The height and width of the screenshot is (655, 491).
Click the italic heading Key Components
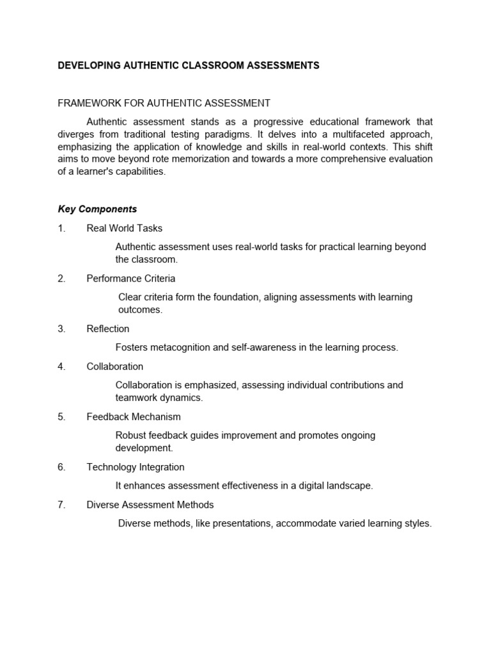(97, 209)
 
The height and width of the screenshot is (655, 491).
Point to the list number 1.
(61, 228)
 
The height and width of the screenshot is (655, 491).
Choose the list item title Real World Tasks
(125, 228)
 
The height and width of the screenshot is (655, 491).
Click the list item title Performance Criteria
(131, 279)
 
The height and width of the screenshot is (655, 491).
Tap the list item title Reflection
(108, 329)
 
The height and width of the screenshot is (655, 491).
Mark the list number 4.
(61, 367)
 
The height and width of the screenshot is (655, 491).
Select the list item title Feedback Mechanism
(134, 417)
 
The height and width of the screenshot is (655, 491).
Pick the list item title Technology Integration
(136, 467)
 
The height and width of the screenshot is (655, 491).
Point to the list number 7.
(61, 505)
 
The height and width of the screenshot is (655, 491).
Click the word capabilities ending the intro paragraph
(139, 171)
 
